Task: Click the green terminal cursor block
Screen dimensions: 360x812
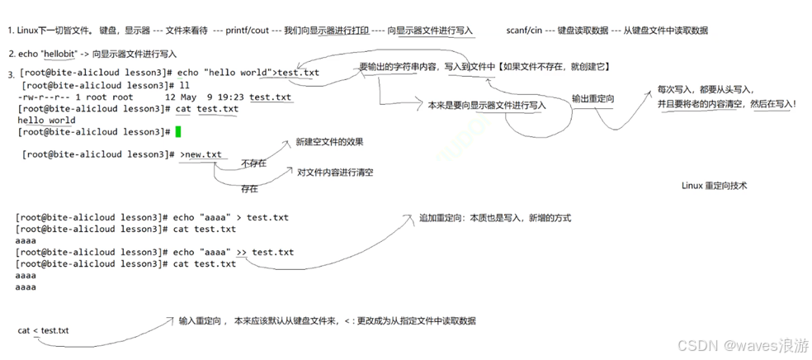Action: tap(177, 131)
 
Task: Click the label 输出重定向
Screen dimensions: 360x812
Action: tap(592, 98)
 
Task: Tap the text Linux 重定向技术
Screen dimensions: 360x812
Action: tap(714, 187)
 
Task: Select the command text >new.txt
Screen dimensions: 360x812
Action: tap(202, 154)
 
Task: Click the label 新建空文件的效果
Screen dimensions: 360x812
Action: tap(329, 142)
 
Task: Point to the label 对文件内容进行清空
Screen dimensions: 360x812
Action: tap(335, 173)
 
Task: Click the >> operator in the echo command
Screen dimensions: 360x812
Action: tap(242, 252)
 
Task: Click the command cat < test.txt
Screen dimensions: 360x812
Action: tap(44, 330)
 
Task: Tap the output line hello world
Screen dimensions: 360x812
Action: tap(46, 121)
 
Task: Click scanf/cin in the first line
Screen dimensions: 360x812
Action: tap(524, 31)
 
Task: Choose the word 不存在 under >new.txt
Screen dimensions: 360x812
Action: tap(253, 163)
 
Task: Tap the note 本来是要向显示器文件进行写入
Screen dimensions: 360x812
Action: tap(487, 106)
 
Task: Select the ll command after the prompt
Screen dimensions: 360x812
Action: tap(172, 86)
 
